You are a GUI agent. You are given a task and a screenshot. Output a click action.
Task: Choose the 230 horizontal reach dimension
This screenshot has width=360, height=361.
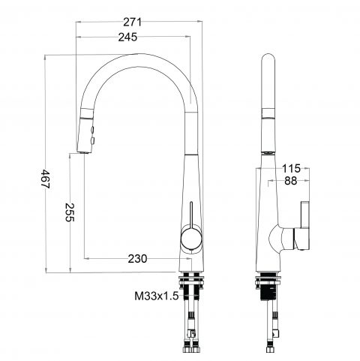[136, 259]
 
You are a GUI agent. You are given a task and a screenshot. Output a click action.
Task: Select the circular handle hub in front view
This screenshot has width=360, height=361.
[190, 241]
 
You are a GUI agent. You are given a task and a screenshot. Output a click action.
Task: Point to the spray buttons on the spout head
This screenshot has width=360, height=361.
[91, 134]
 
